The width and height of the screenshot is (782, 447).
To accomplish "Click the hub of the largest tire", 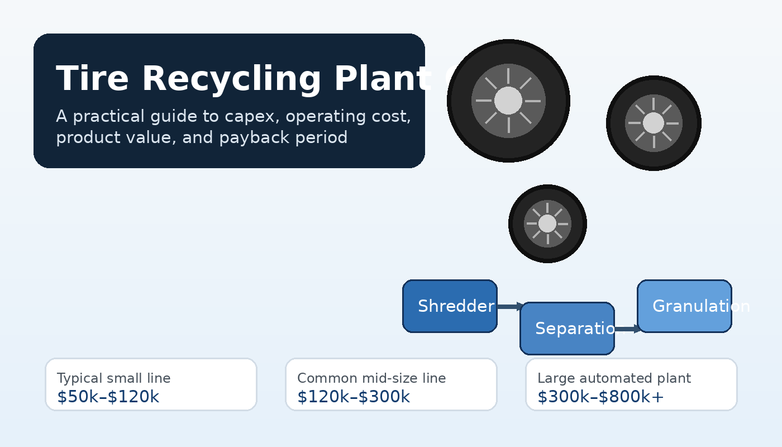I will [508, 101].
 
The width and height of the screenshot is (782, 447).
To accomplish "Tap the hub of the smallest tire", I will [547, 223].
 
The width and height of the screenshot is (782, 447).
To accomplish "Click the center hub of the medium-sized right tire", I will [654, 123].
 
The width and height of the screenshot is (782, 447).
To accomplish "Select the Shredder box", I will [450, 306].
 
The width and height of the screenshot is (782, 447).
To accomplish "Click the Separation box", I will [567, 329].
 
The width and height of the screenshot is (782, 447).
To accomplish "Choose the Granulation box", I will [684, 306].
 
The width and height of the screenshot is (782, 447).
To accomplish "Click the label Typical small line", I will [114, 378].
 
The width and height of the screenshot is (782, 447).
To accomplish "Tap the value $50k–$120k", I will [108, 397].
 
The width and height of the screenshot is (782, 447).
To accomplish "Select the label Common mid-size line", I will [371, 378].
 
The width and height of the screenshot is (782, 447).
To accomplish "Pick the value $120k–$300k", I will [354, 397].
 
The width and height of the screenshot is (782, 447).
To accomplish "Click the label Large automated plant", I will [614, 378].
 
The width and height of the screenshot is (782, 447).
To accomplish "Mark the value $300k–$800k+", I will [600, 397].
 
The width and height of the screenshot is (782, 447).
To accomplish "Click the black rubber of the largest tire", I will [461, 101].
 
